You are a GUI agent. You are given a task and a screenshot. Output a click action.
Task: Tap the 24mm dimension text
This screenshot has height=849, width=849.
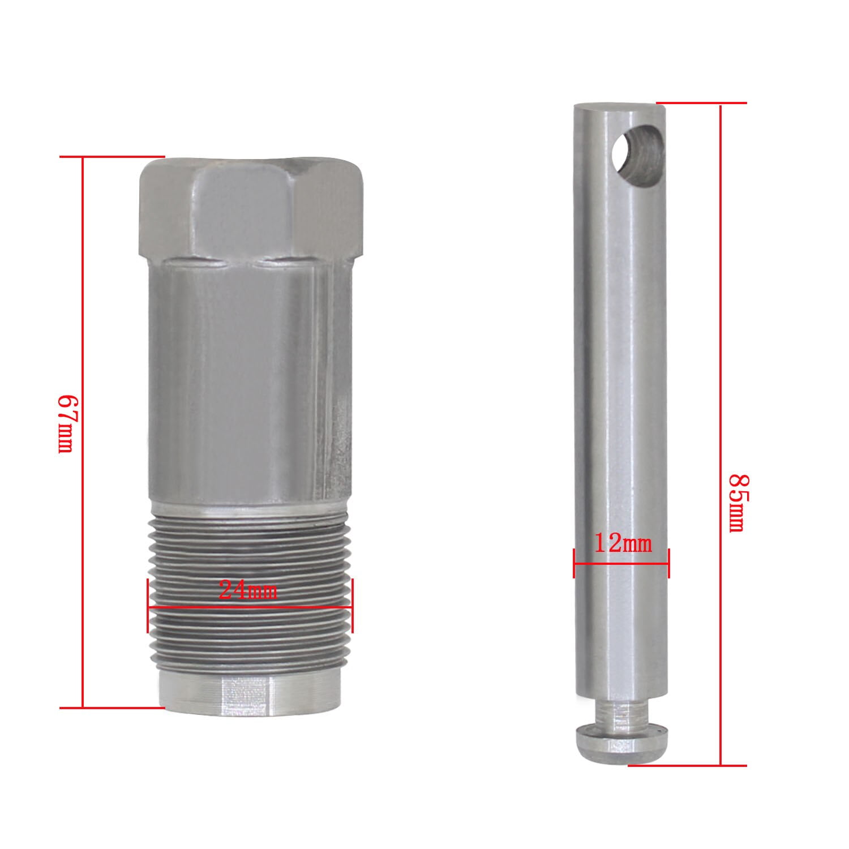[248, 591]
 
